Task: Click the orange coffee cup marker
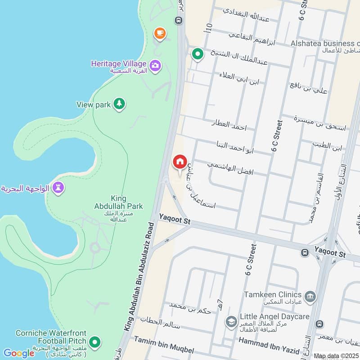pyautogui.click(x=160, y=33)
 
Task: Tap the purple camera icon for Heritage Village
pyautogui.click(x=155, y=66)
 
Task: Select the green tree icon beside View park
pyautogui.click(x=119, y=104)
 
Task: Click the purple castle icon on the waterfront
pyautogui.click(x=58, y=188)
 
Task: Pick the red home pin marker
pyautogui.click(x=180, y=162)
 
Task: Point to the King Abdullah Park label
pyautogui.click(x=120, y=202)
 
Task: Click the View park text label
pyautogui.click(x=93, y=105)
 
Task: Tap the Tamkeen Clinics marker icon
pyautogui.click(x=310, y=296)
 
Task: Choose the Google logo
pyautogui.click(x=18, y=353)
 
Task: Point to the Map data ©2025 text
pyautogui.click(x=336, y=356)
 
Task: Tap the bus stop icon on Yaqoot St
pyautogui.click(x=305, y=253)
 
